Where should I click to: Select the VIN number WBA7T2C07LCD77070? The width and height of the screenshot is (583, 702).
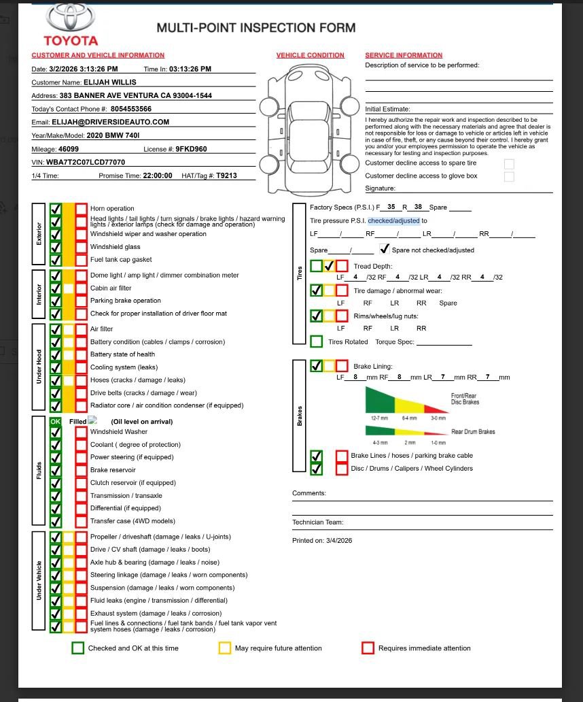point(86,163)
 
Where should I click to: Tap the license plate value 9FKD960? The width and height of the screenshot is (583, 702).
point(192,149)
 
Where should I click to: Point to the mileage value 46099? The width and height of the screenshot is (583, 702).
point(69,149)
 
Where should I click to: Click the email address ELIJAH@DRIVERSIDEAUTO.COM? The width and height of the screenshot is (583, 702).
point(111,122)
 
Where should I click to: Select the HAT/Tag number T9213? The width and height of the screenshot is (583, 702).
point(226,175)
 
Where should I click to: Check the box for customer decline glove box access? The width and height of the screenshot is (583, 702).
point(509,177)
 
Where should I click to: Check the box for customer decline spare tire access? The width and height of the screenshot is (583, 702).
point(509,164)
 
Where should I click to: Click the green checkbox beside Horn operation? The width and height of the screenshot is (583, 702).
point(56,209)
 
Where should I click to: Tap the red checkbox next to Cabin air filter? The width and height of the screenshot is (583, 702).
point(81,288)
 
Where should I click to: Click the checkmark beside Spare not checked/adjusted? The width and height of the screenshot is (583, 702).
point(385,249)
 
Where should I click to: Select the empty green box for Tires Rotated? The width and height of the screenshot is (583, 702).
point(317,341)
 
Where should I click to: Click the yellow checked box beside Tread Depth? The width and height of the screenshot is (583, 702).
point(329,266)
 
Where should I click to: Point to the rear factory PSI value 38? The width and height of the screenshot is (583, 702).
point(418,207)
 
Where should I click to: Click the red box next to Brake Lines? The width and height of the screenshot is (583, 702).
point(342,456)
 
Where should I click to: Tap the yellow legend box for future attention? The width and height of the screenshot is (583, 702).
point(224,648)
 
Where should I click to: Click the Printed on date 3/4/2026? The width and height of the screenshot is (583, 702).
point(340,541)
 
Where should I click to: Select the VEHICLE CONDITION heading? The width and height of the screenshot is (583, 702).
point(311,55)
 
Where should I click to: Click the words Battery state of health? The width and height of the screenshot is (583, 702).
point(122,354)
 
